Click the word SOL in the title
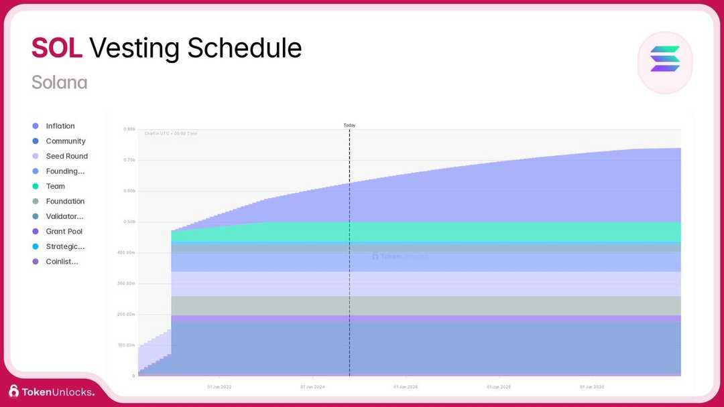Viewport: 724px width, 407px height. [57, 48]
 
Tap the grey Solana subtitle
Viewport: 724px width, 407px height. [59, 82]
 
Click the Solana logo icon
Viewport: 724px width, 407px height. [664, 59]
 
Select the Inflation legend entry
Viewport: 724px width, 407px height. [60, 126]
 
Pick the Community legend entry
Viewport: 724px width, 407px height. [65, 141]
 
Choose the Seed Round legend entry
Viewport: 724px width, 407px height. [66, 156]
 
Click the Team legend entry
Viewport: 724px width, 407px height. [55, 186]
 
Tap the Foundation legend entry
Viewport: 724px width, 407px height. [65, 201]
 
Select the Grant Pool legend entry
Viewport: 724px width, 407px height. [64, 232]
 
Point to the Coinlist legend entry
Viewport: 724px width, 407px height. [62, 262]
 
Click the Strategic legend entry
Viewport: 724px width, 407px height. [65, 246]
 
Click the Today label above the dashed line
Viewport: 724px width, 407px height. [349, 125]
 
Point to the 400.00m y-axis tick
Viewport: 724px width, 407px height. [126, 252]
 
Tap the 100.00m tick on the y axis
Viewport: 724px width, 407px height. [126, 345]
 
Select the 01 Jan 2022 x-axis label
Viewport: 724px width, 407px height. [219, 387]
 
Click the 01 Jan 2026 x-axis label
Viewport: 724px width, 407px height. [406, 387]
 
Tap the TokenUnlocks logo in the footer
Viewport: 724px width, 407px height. [52, 392]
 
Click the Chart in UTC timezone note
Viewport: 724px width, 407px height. [171, 133]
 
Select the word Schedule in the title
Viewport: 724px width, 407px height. [244, 48]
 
